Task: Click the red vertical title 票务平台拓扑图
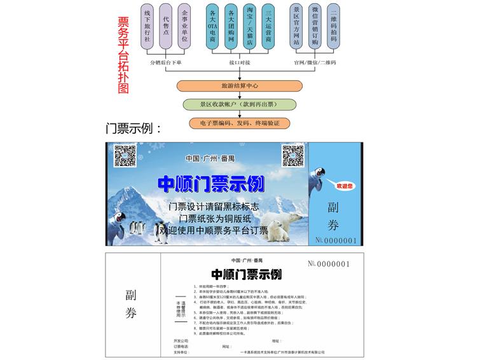pyautogui.click(x=124, y=55)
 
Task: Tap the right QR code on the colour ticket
pyautogui.click(x=292, y=156)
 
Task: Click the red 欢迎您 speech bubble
pyautogui.click(x=343, y=186)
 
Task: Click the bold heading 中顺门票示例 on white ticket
pyautogui.click(x=246, y=275)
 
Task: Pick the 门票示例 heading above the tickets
pyautogui.click(x=134, y=128)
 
